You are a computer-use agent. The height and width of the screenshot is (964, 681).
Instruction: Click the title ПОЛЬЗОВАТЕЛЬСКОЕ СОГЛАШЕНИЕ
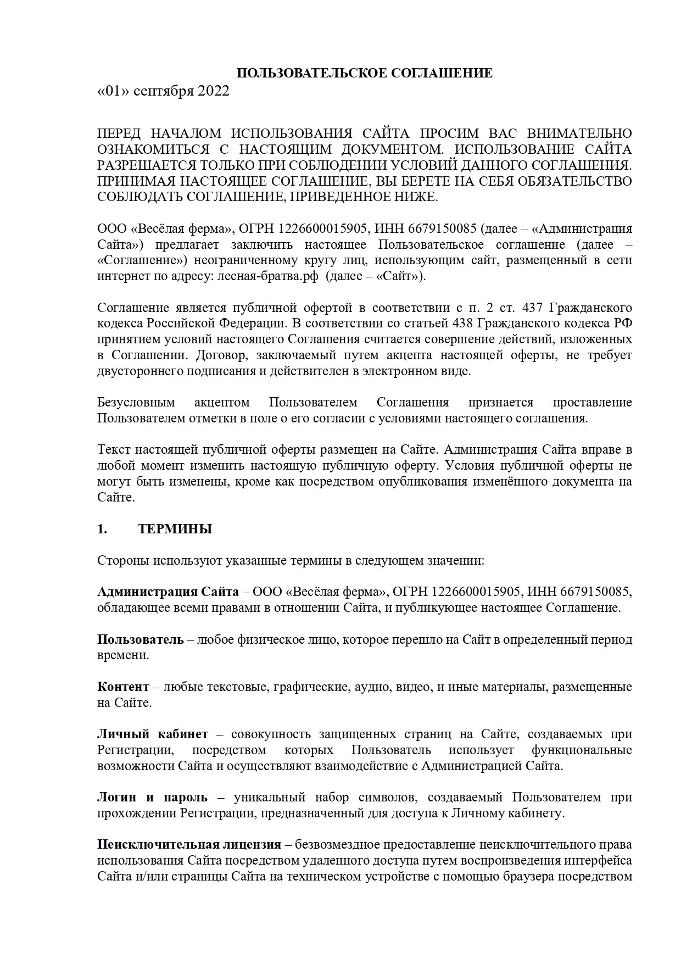coord(364,74)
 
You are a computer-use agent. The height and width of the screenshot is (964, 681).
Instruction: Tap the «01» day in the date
coord(114,91)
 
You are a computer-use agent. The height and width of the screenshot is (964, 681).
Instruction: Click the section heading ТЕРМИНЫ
coord(175,529)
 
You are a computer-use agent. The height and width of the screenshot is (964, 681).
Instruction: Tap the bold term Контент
coord(123,687)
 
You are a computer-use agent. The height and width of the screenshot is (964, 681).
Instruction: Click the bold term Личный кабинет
coord(153,734)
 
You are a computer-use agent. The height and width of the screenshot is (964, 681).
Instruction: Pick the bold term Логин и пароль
coord(153,798)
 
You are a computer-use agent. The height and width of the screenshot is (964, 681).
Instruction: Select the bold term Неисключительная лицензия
coord(189,845)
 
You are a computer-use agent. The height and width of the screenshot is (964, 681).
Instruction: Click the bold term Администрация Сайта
coord(168,592)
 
